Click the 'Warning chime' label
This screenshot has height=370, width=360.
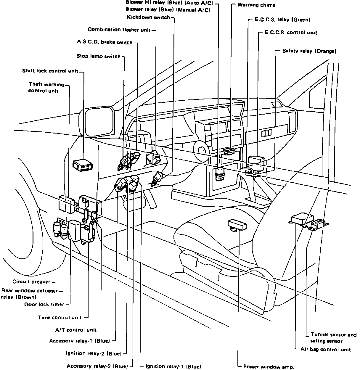pos(256,5)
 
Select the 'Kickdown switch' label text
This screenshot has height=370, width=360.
pos(148,17)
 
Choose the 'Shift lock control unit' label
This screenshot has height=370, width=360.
pos(50,71)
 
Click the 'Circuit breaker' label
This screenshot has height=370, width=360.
pos(31,281)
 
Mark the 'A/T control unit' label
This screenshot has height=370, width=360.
pos(76,330)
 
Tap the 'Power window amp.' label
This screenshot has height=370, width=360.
pos(269,367)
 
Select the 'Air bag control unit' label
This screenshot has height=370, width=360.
pos(325,350)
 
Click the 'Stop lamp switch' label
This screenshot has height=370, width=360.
pos(98,56)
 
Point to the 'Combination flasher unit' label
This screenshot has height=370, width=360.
pos(119,30)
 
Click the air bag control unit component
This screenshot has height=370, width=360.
pos(302,220)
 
